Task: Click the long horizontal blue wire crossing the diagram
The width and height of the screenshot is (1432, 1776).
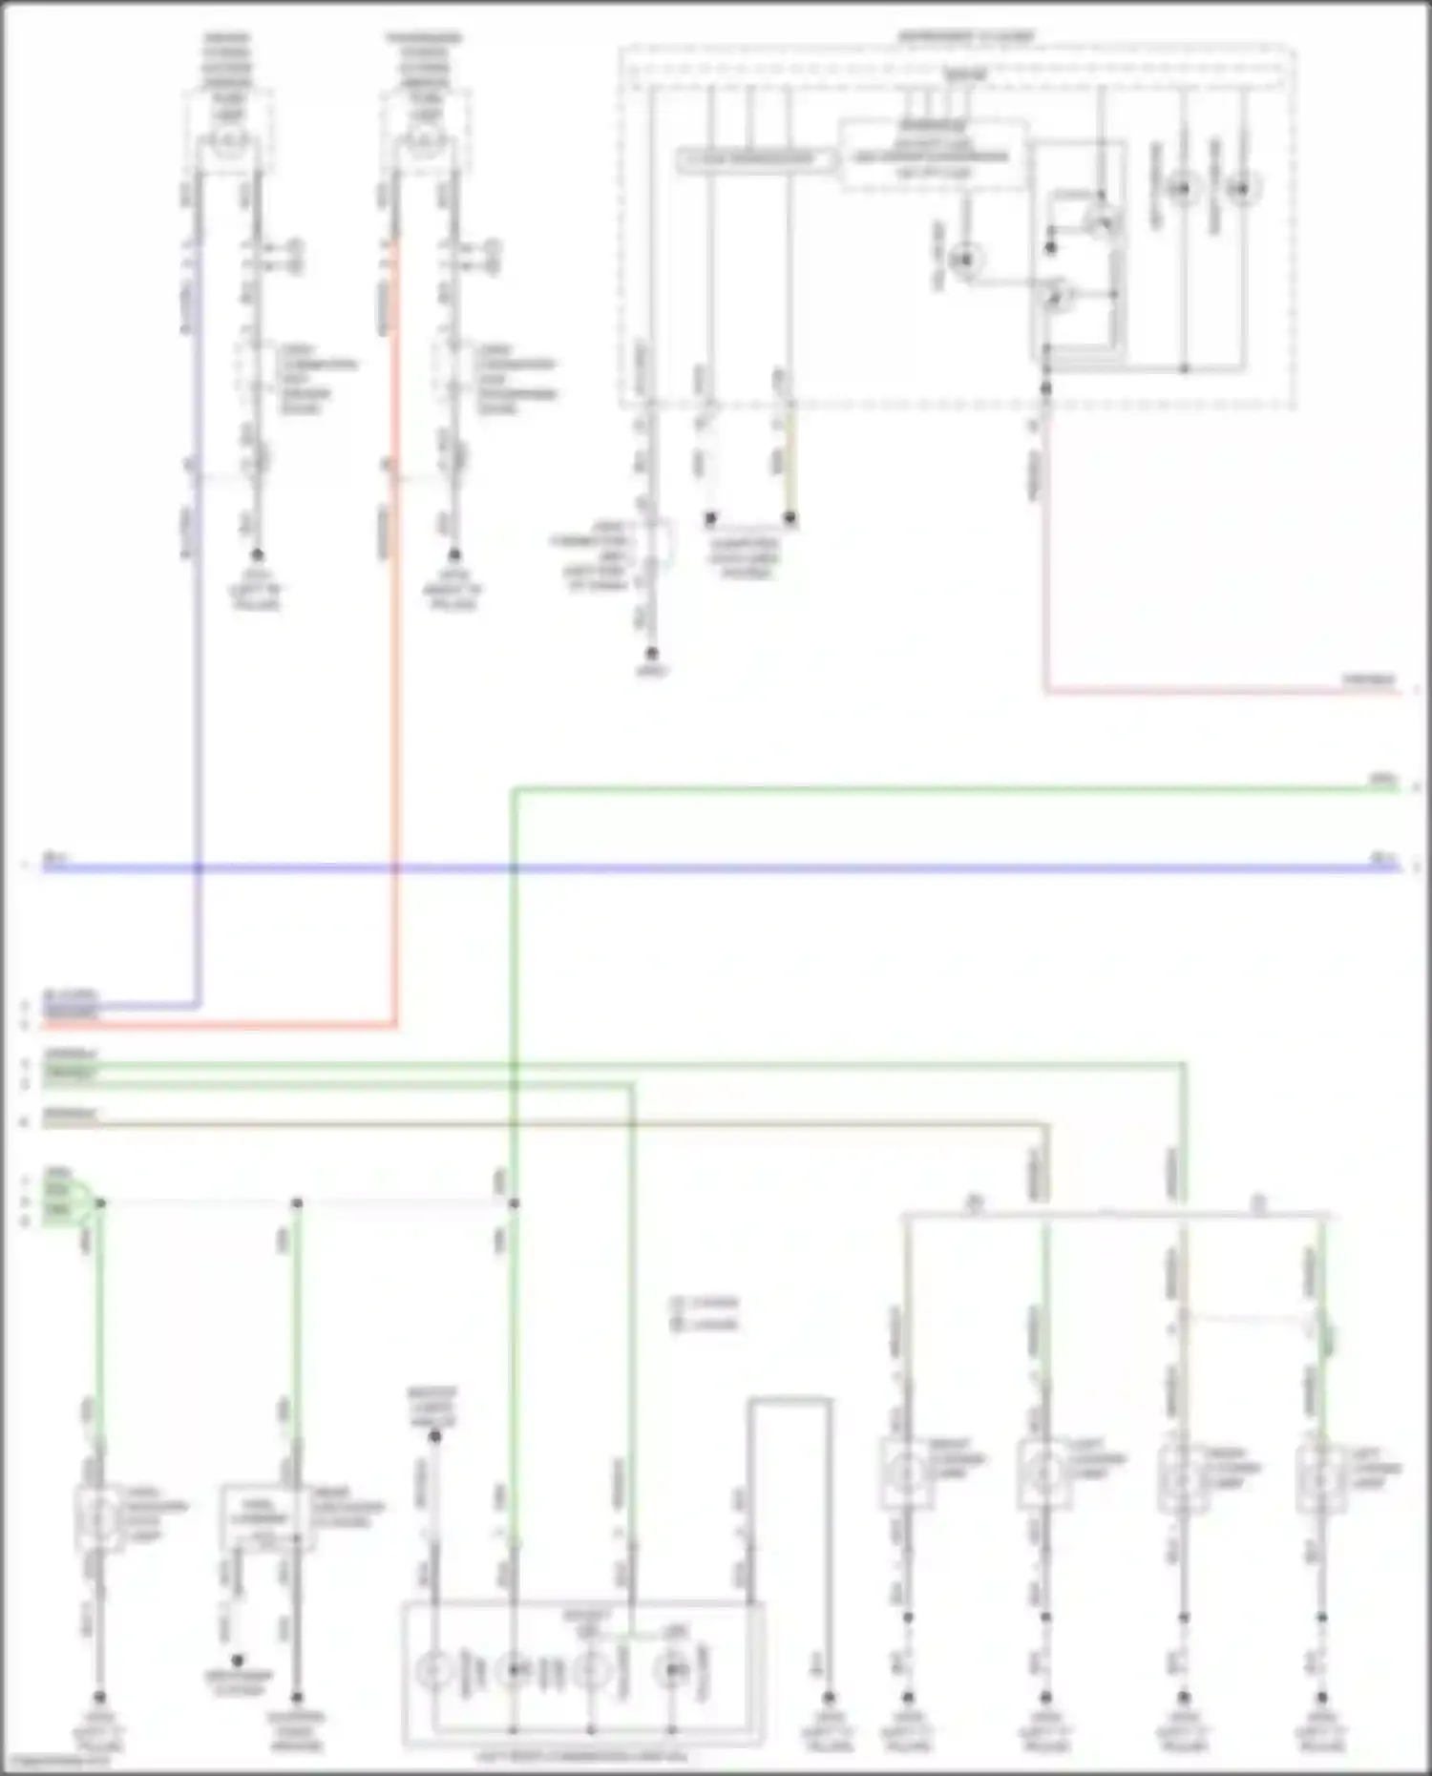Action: pos(764,868)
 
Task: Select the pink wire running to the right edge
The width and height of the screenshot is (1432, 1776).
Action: pos(1222,690)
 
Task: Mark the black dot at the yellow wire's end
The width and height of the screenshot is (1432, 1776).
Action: pos(790,518)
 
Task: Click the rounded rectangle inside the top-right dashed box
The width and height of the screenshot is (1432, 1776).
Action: pos(755,159)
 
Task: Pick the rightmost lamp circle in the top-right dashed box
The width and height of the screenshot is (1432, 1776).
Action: pos(1242,188)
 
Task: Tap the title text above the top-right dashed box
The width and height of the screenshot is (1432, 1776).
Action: pos(965,37)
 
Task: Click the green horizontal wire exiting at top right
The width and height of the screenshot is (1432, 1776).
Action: pos(955,789)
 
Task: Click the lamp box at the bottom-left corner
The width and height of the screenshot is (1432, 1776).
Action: pos(99,1516)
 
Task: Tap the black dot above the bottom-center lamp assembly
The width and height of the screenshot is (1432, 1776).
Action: pos(434,1436)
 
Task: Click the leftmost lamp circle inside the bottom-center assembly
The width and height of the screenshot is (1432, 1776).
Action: pos(435,1670)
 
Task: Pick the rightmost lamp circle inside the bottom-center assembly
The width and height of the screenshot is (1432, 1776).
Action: pos(674,1670)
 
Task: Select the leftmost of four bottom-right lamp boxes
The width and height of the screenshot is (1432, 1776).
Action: pos(905,1474)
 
